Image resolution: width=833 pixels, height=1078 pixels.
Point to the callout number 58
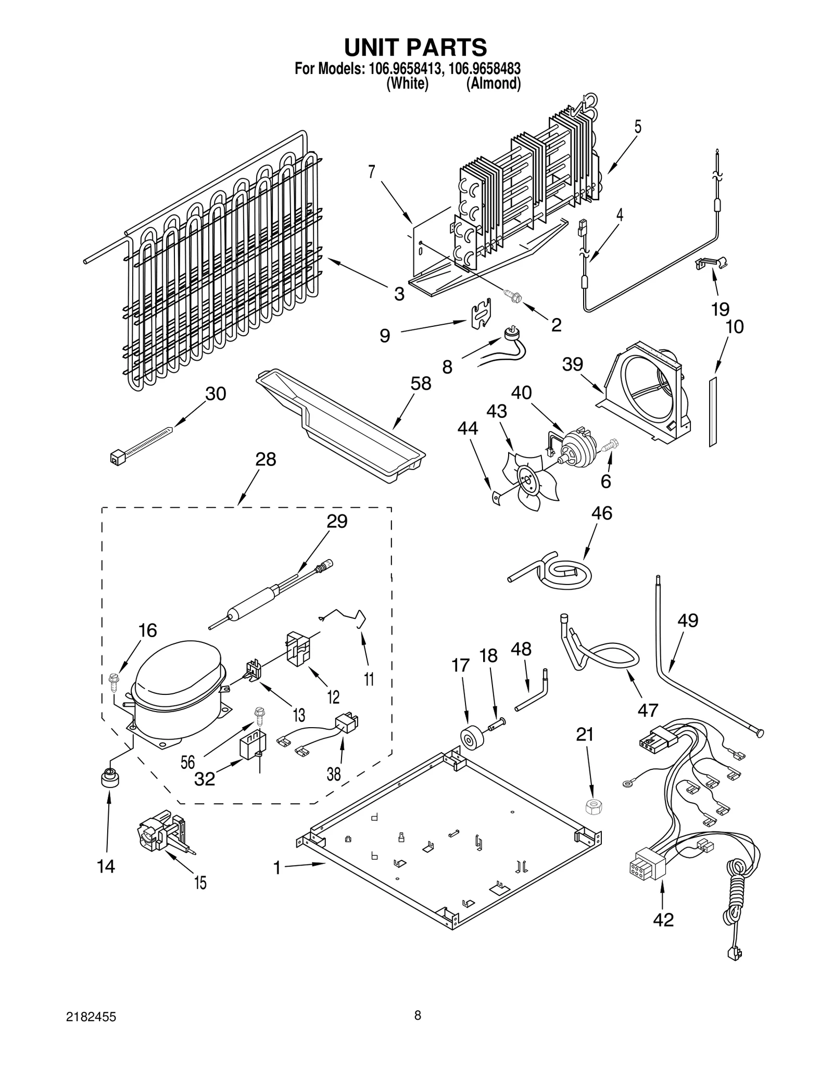421,384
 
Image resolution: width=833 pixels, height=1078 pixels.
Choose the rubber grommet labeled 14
109,779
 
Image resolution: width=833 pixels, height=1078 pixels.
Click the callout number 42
663,920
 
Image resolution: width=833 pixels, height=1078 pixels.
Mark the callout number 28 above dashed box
266,460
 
